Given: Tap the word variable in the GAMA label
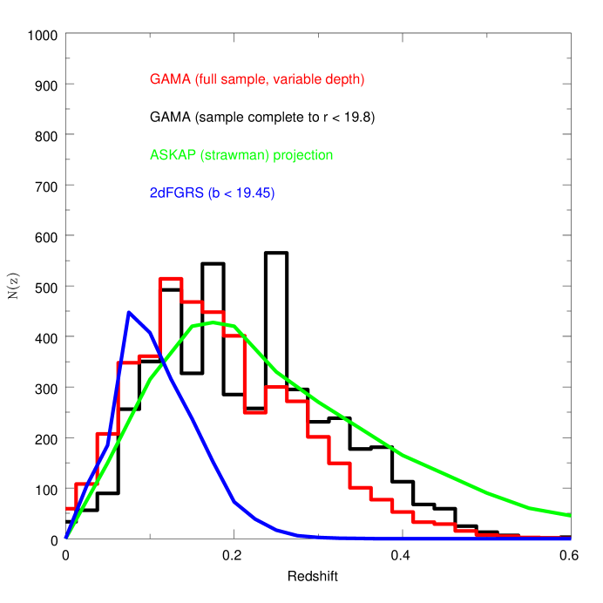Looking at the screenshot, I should [x=296, y=79].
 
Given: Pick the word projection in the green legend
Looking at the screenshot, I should [x=302, y=155].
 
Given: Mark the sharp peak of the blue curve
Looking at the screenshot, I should [x=129, y=312].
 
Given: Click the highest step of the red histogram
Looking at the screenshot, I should [x=170, y=278].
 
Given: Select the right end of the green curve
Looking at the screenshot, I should [x=570, y=515].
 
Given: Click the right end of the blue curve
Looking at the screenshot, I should [x=570, y=539].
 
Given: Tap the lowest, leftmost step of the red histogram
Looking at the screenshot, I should [x=71, y=507].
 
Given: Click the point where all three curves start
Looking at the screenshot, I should [x=66, y=539].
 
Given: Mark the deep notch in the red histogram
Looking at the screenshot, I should [x=254, y=412].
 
